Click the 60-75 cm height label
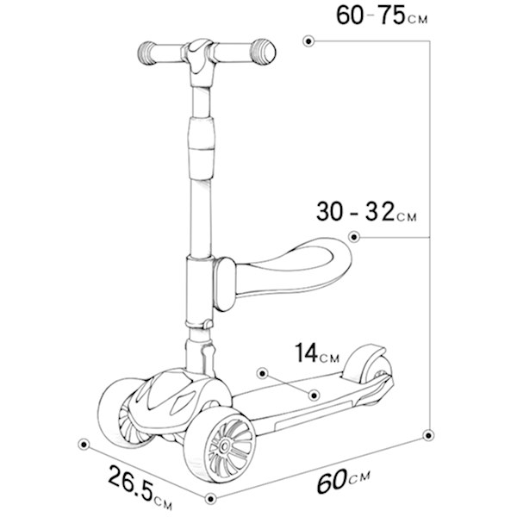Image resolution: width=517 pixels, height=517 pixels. tap(382, 16)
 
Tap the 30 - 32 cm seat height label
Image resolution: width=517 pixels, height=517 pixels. tap(366, 211)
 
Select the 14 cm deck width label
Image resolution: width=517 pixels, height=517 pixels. tap(316, 353)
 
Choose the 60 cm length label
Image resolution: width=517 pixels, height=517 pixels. tap(344, 481)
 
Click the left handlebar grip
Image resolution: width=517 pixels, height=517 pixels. tap(146, 53)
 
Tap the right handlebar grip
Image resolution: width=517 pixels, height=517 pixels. tap(263, 52)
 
